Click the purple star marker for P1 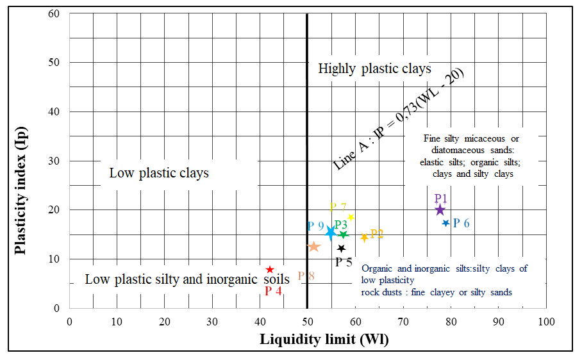(440, 209)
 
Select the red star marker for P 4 (270, 270)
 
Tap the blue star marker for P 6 (446, 223)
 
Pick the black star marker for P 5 (342, 248)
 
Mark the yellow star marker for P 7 (351, 217)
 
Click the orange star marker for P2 (365, 238)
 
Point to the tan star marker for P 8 (314, 247)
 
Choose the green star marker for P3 (344, 234)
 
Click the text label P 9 (315, 226)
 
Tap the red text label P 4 (274, 291)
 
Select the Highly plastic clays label (375, 69)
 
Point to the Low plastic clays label (159, 173)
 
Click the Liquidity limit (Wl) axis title (324, 340)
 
